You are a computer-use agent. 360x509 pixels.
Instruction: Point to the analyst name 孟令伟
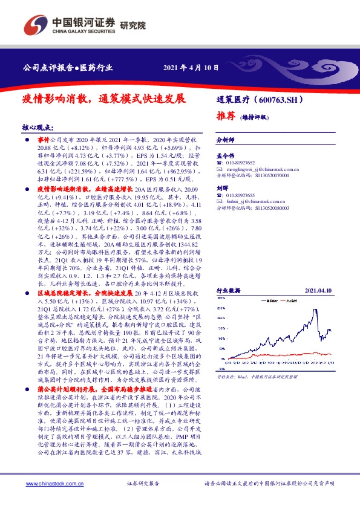click(x=225, y=155)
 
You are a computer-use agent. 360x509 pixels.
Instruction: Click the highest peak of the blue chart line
click(x=315, y=310)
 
